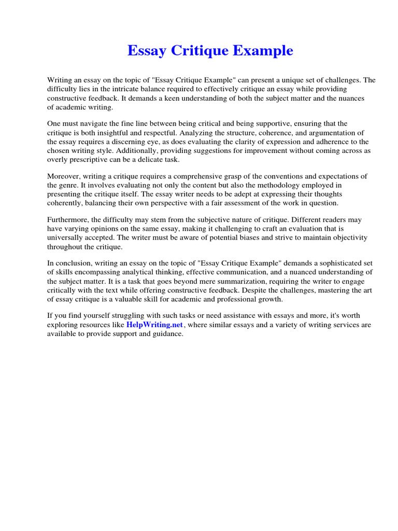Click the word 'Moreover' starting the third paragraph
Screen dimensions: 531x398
click(x=64, y=176)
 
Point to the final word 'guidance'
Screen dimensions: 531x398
click(x=168, y=334)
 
